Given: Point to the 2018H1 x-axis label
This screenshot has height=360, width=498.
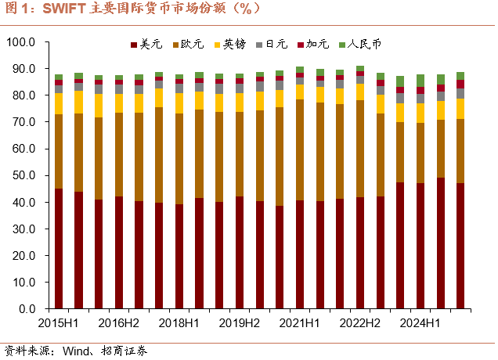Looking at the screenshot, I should point(179,323).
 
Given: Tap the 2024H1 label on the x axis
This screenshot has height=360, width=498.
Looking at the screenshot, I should point(420,323).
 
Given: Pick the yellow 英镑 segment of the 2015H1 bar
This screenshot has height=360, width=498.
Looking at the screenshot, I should point(59,103).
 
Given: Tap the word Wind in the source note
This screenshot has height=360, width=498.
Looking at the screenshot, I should point(65,350).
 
